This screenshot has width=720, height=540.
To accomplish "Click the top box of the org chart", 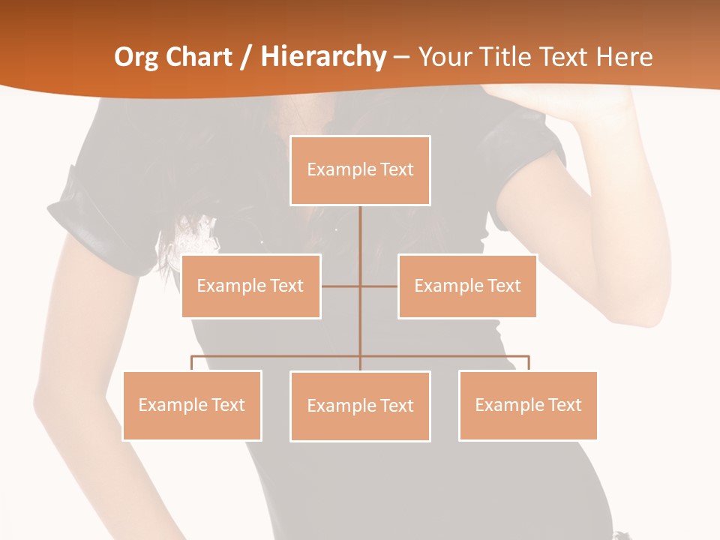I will click(x=360, y=170).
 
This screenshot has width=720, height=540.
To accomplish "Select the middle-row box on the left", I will click(x=250, y=286).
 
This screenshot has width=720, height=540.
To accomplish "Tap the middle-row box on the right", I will click(x=467, y=286).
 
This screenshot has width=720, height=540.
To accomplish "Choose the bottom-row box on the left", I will click(x=192, y=405).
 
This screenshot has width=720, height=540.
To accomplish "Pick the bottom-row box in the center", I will click(x=360, y=406).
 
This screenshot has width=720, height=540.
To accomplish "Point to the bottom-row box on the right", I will click(x=528, y=405).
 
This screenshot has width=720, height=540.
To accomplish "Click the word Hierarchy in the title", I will click(x=323, y=57).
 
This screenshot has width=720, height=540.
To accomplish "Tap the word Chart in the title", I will click(x=199, y=57).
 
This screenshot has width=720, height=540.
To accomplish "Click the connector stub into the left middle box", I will click(x=340, y=286).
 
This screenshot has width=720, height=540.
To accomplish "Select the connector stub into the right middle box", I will click(x=379, y=286).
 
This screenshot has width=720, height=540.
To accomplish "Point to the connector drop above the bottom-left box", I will click(x=192, y=363).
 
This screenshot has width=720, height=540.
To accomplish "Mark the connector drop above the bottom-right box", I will click(x=528, y=363).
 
